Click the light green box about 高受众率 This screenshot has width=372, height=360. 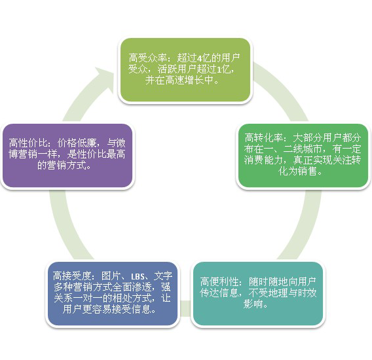click(x=185, y=70)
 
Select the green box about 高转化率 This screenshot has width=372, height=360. click(x=303, y=155)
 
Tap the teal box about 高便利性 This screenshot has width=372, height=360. click(x=258, y=294)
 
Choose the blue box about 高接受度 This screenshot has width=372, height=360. click(x=113, y=294)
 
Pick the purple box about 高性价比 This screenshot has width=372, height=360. click(x=67, y=155)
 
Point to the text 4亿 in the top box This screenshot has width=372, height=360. click(x=204, y=58)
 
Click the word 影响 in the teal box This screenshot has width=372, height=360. click(x=253, y=304)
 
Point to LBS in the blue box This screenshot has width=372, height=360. click(x=138, y=276)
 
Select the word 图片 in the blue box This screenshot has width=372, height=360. click(x=111, y=276)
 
